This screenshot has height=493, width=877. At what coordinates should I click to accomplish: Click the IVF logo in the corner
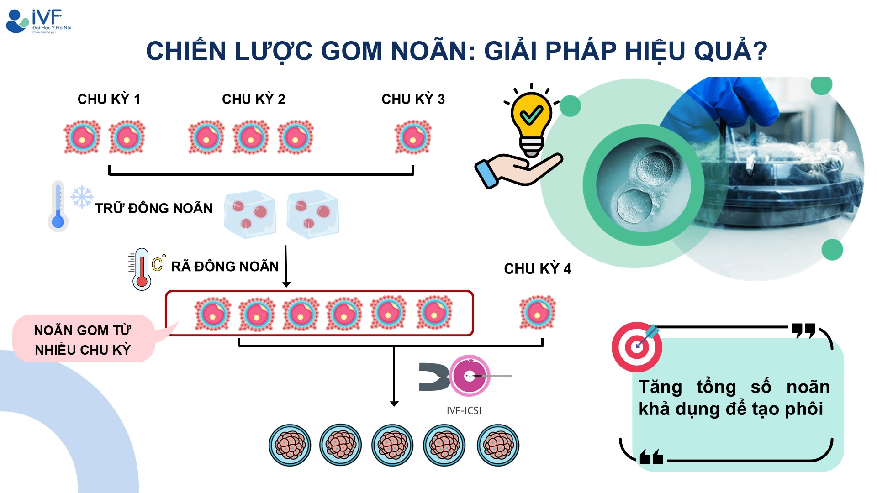pyautogui.click(x=38, y=21)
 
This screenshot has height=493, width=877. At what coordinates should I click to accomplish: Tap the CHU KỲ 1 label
pyautogui.click(x=109, y=99)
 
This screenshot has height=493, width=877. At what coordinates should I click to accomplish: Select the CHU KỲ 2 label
pyautogui.click(x=254, y=99)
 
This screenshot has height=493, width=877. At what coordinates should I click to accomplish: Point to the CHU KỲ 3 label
pyautogui.click(x=413, y=99)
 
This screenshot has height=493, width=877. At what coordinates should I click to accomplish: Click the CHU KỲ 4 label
pyautogui.click(x=538, y=269)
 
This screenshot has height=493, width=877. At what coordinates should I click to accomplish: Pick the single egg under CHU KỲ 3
pyautogui.click(x=413, y=137)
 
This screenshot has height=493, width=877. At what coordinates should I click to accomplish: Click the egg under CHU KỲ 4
pyautogui.click(x=538, y=313)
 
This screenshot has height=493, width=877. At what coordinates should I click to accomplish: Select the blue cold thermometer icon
pyautogui.click(x=58, y=206)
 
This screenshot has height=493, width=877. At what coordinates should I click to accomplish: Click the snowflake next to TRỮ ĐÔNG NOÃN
pyautogui.click(x=82, y=197)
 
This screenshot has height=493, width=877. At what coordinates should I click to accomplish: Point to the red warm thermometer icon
pyautogui.click(x=141, y=269)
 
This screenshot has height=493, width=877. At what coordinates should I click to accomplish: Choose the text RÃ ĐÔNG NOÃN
pyautogui.click(x=225, y=267)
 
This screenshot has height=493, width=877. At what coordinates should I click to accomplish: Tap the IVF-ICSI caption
pyautogui.click(x=464, y=410)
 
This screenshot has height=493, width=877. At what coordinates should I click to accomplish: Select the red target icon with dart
pyautogui.click(x=637, y=346)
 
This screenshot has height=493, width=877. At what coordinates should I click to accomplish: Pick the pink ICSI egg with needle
pyautogui.click(x=470, y=376)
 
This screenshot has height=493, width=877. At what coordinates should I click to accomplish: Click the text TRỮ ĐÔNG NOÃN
pyautogui.click(x=154, y=208)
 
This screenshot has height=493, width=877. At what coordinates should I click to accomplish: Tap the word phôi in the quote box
pyautogui.click(x=804, y=409)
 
